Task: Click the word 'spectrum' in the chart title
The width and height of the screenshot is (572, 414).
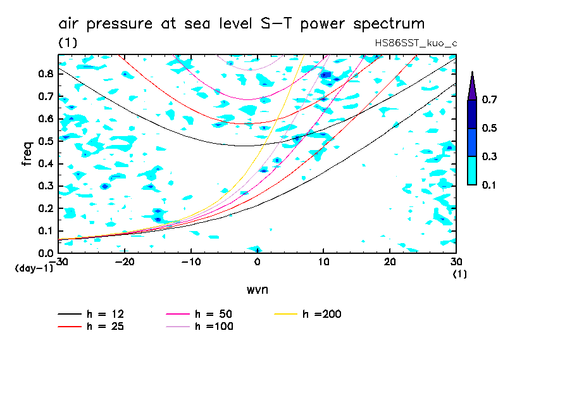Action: click(x=389, y=25)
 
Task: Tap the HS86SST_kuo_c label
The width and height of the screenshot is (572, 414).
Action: click(x=416, y=43)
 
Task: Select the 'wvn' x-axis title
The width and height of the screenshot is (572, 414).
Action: click(x=257, y=289)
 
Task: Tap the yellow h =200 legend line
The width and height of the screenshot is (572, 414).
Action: click(x=287, y=314)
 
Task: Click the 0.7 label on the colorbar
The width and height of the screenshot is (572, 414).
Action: click(x=489, y=100)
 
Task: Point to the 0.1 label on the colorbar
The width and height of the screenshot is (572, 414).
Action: click(x=489, y=185)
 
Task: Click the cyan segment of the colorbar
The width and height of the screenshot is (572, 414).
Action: click(x=471, y=170)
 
